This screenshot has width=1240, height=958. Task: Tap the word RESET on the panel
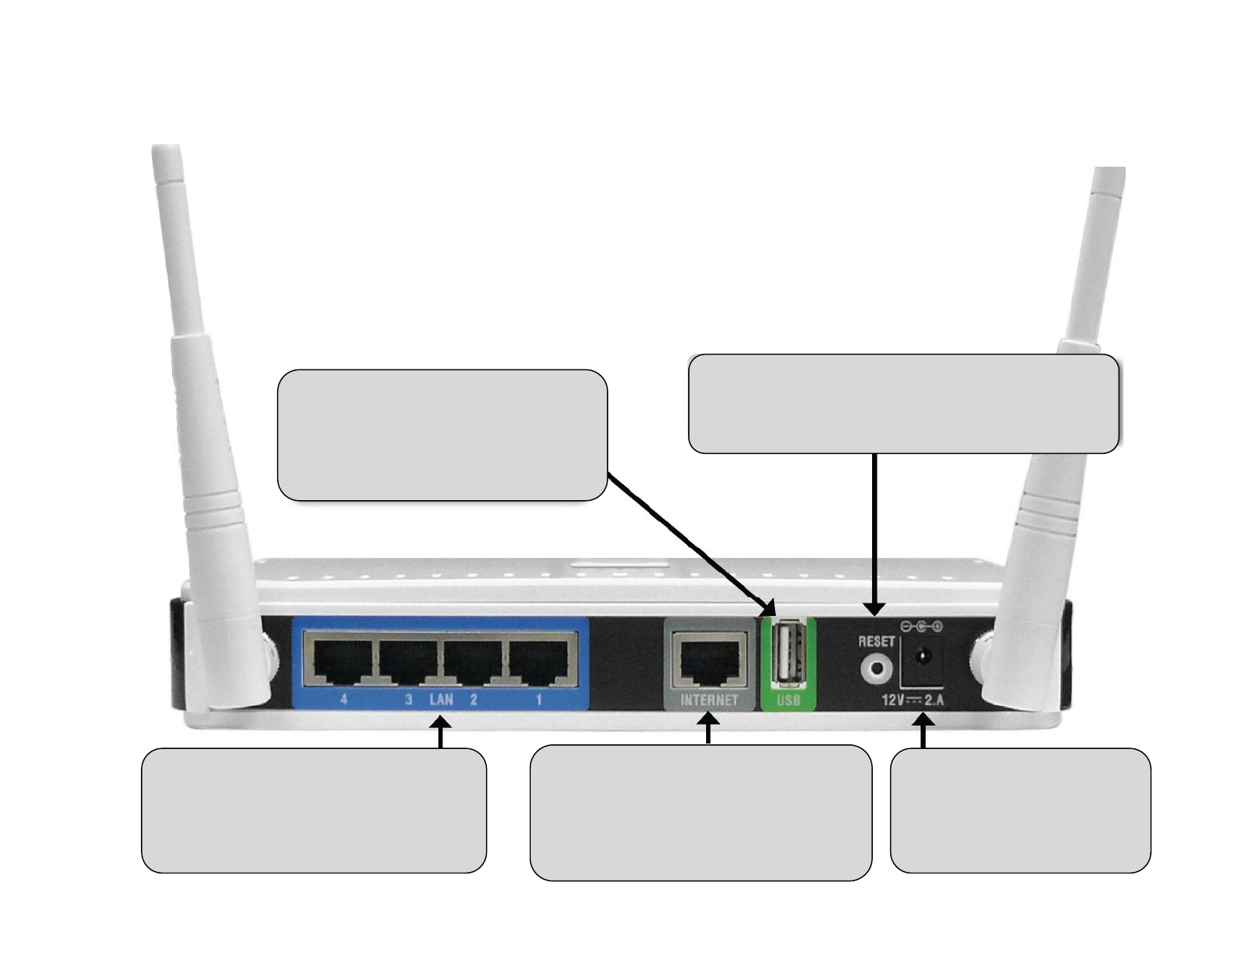pyautogui.click(x=876, y=641)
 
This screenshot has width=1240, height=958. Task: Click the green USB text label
pyautogui.click(x=788, y=700)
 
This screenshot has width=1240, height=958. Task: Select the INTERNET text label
pyautogui.click(x=709, y=700)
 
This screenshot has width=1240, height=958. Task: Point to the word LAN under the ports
pyautogui.click(x=441, y=699)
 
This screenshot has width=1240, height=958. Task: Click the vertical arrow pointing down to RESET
pyautogui.click(x=874, y=532)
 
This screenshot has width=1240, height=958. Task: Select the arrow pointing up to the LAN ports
pyautogui.click(x=442, y=735)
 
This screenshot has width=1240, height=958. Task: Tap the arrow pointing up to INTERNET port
pyautogui.click(x=708, y=732)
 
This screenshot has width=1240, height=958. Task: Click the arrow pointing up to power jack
pyautogui.click(x=924, y=735)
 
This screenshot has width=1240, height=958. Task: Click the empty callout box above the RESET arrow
pyautogui.click(x=903, y=403)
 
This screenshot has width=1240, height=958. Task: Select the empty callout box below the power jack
pyautogui.click(x=1020, y=810)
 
